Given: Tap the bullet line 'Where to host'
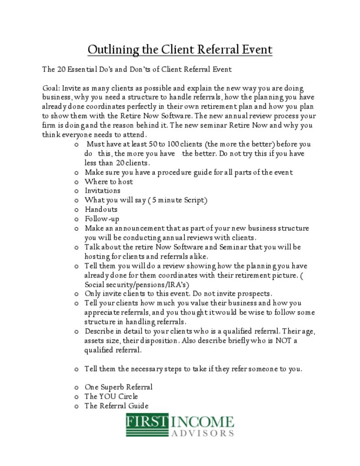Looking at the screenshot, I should (109, 182).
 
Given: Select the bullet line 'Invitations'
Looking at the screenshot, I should (102, 191).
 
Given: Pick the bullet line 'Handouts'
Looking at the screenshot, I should (101, 209).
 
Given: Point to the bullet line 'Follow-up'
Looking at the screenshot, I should (102, 219).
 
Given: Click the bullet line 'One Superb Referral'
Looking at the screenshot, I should (118, 387).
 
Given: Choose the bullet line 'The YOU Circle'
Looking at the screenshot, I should (111, 396).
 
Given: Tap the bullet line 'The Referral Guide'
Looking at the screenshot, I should (116, 406).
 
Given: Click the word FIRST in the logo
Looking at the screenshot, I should (147, 422).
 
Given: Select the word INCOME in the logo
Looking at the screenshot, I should (203, 422).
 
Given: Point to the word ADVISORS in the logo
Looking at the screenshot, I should (203, 433).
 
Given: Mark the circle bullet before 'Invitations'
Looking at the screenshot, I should (76, 191).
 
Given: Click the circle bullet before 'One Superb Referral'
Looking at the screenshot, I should (76, 388).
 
